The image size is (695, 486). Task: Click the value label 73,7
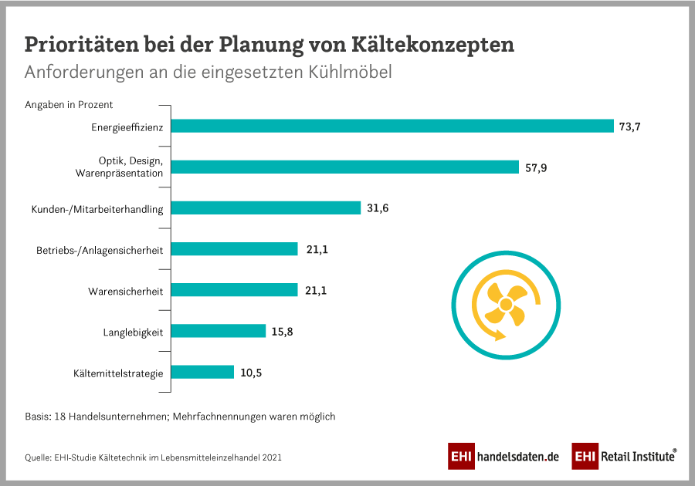tap(630, 127)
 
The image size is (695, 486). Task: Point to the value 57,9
tap(535, 167)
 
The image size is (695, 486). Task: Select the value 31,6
tap(378, 208)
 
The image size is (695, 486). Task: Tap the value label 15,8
tap(283, 332)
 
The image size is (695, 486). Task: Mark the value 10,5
tap(251, 373)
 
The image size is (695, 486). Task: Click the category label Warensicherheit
tap(125, 292)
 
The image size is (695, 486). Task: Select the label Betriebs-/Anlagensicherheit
tap(100, 251)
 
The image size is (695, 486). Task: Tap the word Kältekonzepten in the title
tap(447, 44)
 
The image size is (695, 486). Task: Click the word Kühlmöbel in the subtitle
tap(351, 73)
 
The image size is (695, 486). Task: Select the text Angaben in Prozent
tap(69, 105)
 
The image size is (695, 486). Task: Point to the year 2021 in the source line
tap(271, 457)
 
